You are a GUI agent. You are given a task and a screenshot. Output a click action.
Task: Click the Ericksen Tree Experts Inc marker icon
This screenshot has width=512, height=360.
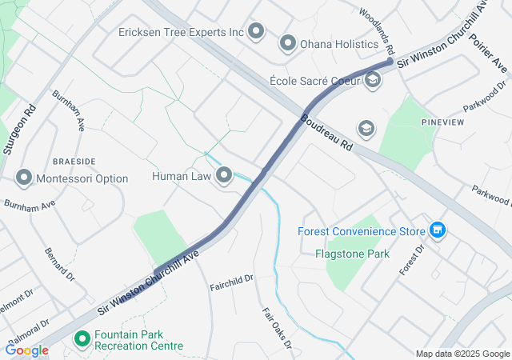click(x=256, y=32)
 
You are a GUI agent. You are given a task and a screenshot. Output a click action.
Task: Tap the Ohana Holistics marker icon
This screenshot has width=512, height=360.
click(x=287, y=42)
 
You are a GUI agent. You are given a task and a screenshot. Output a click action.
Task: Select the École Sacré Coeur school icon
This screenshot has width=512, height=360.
click(x=373, y=81)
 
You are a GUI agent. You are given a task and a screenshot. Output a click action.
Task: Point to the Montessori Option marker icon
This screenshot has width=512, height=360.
click(x=24, y=178)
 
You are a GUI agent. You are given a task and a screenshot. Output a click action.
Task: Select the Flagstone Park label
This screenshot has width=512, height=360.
click(x=351, y=254)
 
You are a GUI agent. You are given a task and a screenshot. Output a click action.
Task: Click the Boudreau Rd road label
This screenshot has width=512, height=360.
click(x=327, y=134)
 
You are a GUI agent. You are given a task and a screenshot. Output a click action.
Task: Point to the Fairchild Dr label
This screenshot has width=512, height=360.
click(x=231, y=282)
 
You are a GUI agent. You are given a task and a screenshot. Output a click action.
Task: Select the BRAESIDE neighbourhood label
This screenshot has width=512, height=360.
click(x=74, y=161)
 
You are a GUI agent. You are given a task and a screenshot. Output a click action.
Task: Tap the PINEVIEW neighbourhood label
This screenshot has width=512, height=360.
click(x=443, y=122)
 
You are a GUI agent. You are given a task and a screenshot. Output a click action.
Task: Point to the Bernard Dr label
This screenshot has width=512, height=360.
click(x=59, y=264)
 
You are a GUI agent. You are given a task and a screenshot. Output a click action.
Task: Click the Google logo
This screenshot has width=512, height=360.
click(x=26, y=350)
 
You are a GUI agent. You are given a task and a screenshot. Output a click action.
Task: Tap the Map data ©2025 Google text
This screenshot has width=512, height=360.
click(x=462, y=354)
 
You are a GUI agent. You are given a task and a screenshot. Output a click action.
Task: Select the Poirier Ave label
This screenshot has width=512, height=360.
click(x=488, y=52)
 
